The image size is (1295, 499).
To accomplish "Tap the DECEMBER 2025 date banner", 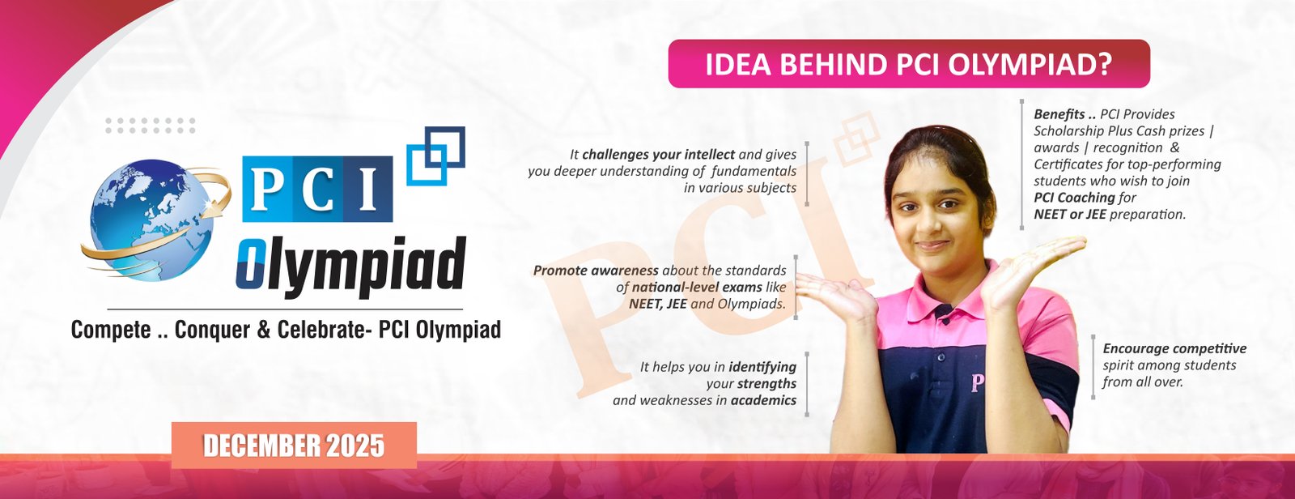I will [x=294, y=446].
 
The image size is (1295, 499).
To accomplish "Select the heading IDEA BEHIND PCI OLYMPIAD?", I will [x=908, y=64].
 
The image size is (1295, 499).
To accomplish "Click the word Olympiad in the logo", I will [x=351, y=265].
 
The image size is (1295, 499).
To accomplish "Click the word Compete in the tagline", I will [x=111, y=330].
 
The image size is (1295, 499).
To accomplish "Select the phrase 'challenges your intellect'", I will [x=658, y=154].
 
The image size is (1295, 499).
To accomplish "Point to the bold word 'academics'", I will [x=763, y=400].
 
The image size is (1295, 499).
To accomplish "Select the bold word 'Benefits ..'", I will [x=1064, y=114].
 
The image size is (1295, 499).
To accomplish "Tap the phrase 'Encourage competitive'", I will [x=1174, y=348].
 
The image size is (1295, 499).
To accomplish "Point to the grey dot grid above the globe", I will [x=151, y=125].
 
